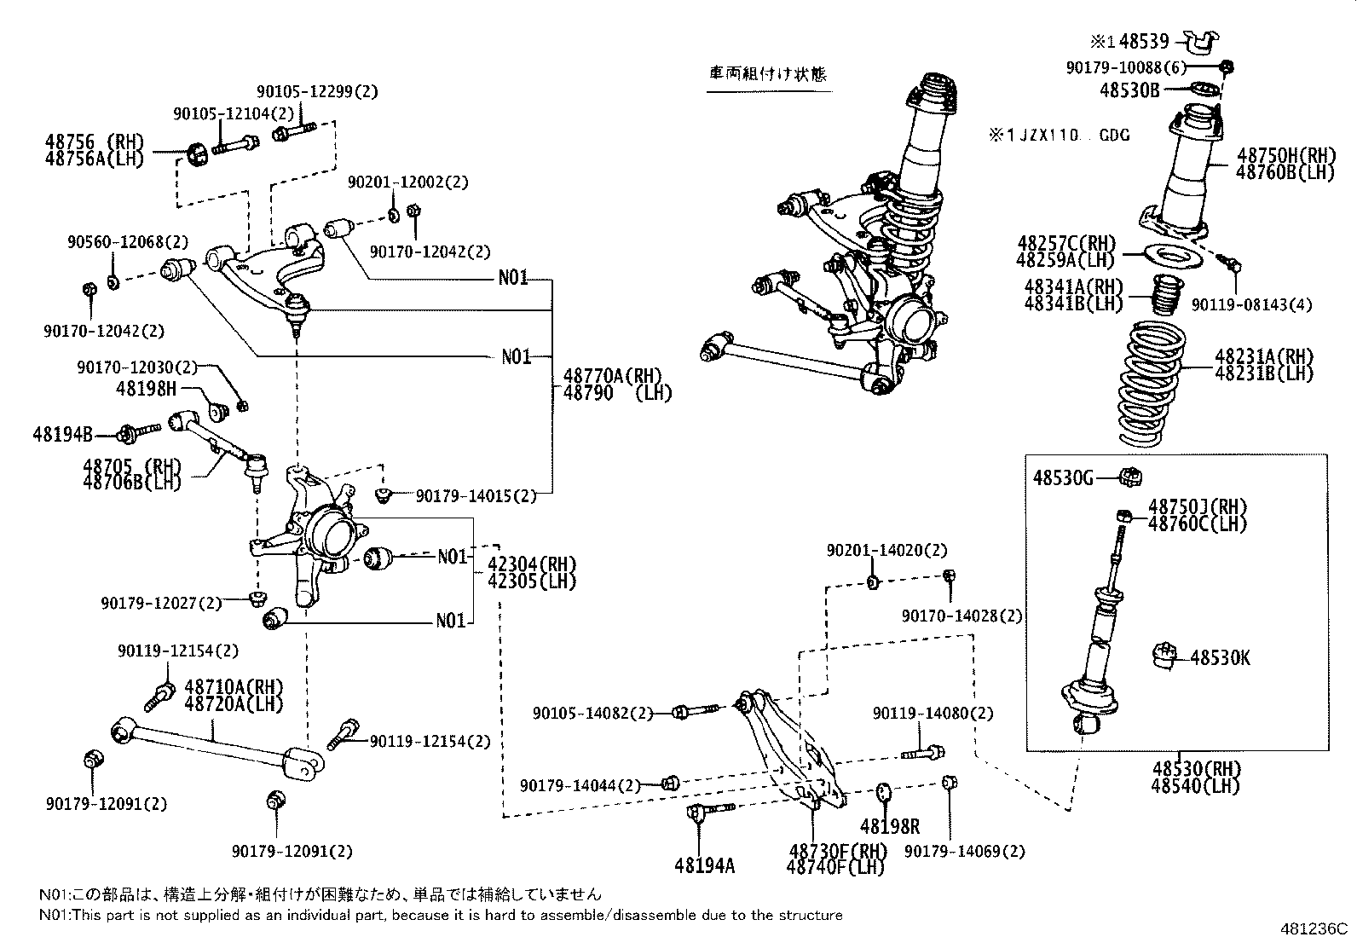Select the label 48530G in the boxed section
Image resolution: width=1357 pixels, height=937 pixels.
(1062, 478)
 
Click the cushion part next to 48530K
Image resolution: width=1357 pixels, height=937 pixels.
(1163, 656)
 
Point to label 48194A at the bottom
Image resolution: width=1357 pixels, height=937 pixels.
(703, 865)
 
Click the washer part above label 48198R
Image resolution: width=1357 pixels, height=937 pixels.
(883, 792)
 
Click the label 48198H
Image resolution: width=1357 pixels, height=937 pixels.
(146, 389)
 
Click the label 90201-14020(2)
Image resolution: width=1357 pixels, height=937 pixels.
(886, 551)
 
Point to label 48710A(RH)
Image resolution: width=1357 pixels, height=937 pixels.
(233, 687)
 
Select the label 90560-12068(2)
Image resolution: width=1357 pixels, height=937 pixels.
(129, 242)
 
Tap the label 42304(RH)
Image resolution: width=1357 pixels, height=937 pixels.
(532, 564)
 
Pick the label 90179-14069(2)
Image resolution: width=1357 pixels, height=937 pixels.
(964, 851)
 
